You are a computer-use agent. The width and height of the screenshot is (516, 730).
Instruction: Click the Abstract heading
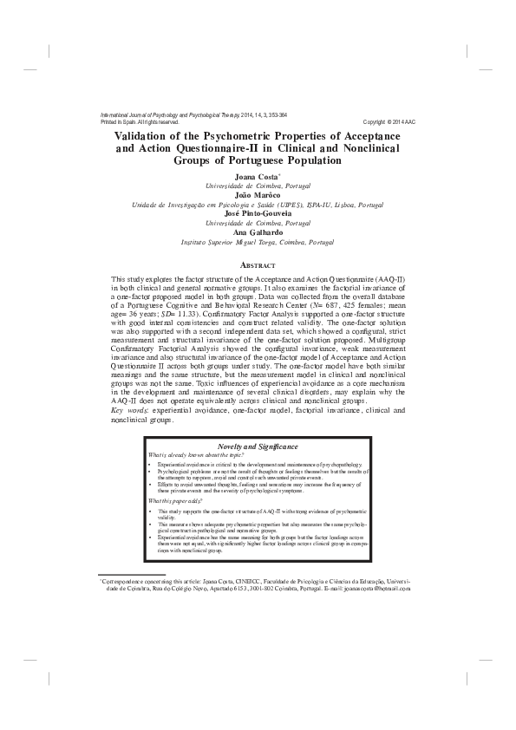(x=257, y=264)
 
